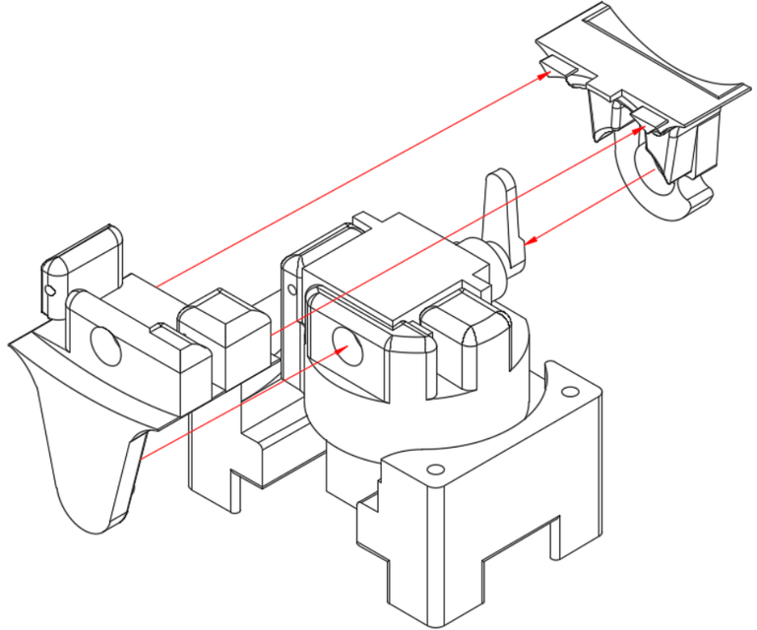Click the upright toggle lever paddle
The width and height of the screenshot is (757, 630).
pos(504,212)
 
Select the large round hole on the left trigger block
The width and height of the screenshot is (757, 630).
pos(104,344)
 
